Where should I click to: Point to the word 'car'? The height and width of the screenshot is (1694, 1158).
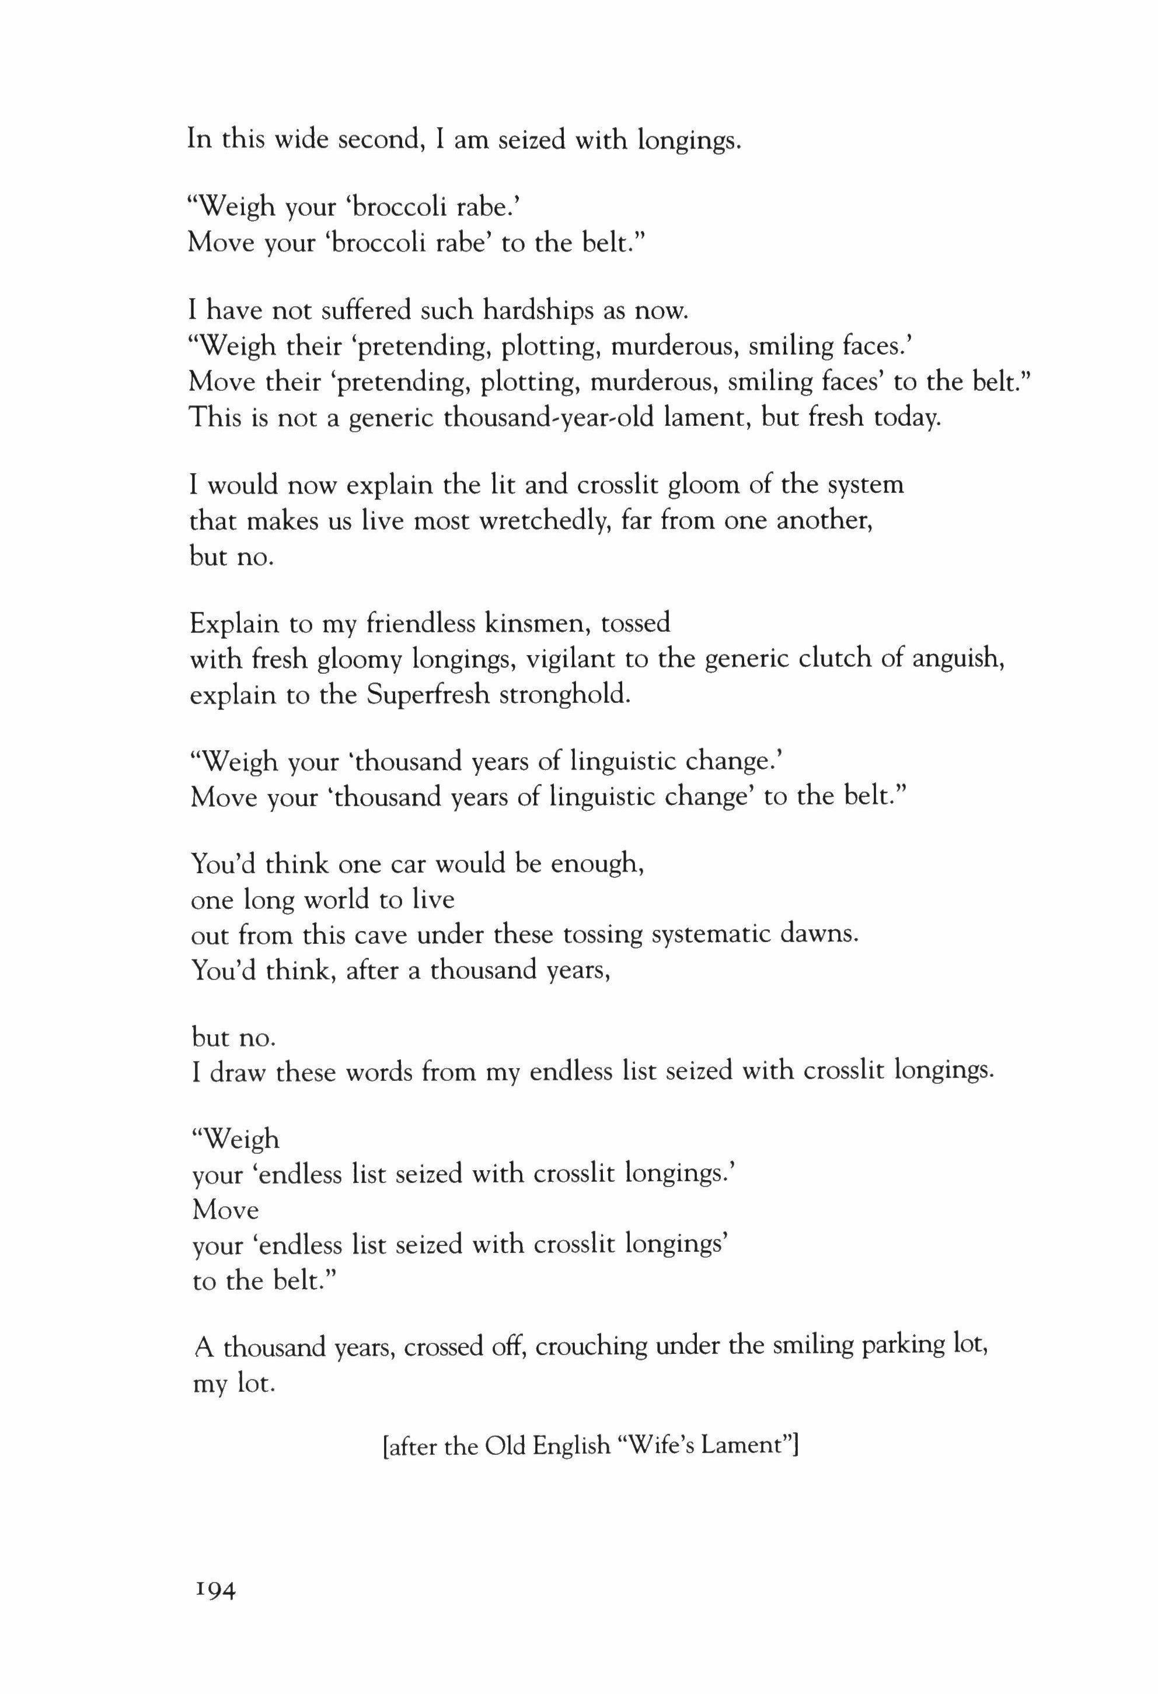[412, 864]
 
